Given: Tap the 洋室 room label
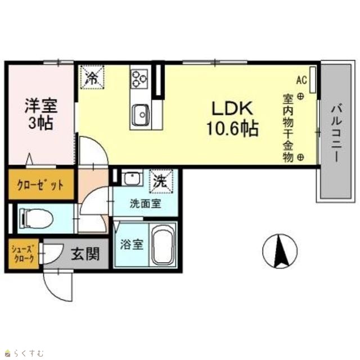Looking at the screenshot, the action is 41,105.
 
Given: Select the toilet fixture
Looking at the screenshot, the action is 36,218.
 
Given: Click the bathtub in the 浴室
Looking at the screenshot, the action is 163,244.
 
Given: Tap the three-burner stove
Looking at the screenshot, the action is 139,78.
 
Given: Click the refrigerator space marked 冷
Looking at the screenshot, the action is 92,77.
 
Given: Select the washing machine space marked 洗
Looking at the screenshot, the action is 161,181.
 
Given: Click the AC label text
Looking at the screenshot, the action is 301,80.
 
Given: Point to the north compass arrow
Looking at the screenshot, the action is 280,251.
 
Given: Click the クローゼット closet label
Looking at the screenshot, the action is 40,184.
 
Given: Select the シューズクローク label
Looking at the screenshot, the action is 24,254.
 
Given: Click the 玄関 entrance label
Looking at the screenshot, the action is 85,254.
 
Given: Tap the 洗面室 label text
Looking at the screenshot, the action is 146,204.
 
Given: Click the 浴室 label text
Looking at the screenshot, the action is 132,244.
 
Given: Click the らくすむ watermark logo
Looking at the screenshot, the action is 25,353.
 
